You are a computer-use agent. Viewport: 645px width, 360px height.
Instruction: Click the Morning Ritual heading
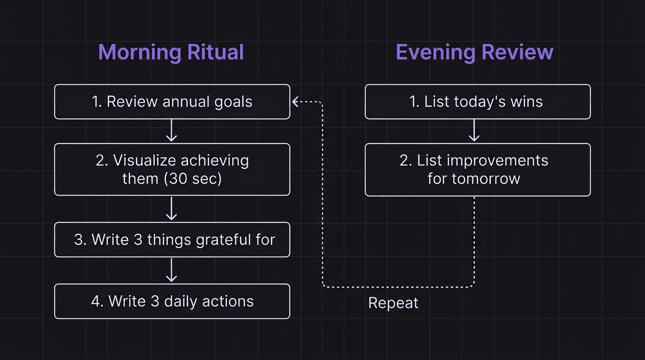pyautogui.click(x=171, y=52)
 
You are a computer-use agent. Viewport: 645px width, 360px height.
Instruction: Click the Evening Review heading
pyautogui.click(x=474, y=52)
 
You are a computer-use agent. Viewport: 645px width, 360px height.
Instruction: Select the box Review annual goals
pyautogui.click(x=172, y=102)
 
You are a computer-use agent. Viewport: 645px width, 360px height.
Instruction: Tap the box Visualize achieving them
pyautogui.click(x=172, y=169)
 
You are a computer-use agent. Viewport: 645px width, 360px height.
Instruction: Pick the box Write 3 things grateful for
pyautogui.click(x=172, y=240)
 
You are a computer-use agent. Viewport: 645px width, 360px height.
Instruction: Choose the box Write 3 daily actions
pyautogui.click(x=172, y=301)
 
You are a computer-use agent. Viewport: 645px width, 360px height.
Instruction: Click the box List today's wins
pyautogui.click(x=477, y=102)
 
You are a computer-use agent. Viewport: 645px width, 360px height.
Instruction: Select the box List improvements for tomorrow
pyautogui.click(x=477, y=169)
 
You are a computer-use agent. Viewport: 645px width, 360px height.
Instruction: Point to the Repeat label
pyautogui.click(x=393, y=303)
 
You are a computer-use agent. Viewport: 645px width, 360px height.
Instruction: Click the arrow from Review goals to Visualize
pyautogui.click(x=172, y=131)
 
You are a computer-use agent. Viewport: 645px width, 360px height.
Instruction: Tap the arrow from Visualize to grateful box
pyautogui.click(x=172, y=209)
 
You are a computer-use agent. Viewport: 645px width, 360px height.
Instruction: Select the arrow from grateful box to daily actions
pyautogui.click(x=172, y=270)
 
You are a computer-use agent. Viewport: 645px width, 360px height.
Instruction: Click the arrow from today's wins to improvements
pyautogui.click(x=474, y=131)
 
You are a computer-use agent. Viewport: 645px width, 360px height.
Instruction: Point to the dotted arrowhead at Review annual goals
pyautogui.click(x=296, y=101)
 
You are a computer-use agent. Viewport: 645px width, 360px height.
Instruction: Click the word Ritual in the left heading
pyautogui.click(x=215, y=52)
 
